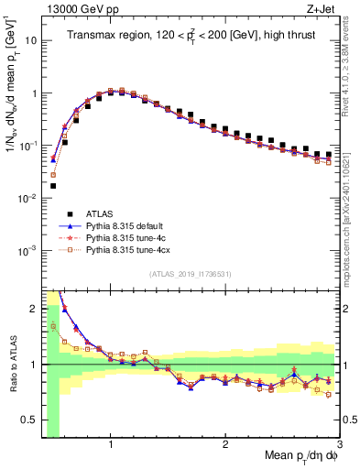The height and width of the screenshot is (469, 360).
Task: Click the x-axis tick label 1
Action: [x=110, y=446]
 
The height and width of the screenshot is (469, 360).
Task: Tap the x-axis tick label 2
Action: [x=224, y=446]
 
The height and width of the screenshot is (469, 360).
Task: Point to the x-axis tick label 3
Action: [x=339, y=446]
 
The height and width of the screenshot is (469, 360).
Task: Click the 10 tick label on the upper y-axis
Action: [x=29, y=41]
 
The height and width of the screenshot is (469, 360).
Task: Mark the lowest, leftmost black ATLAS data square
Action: [x=53, y=185]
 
